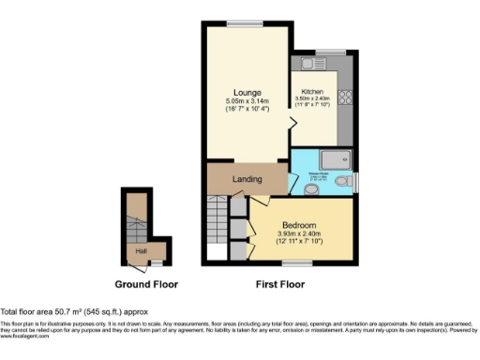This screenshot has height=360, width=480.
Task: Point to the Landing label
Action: [247, 178]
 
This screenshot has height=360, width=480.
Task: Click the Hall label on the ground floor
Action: [141, 250]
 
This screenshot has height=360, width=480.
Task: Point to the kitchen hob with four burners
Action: [345, 97]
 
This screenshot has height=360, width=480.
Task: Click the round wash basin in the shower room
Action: [311, 188]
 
